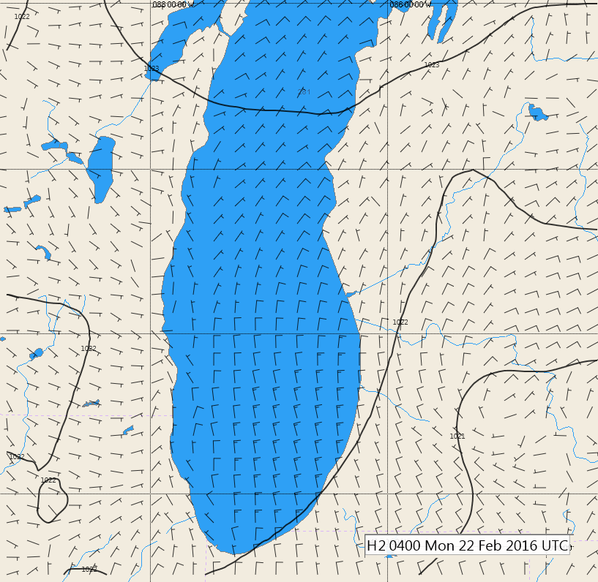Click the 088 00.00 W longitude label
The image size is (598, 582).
coord(173,4)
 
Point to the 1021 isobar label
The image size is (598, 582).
coord(457,436)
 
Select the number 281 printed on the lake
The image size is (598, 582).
coord(304,92)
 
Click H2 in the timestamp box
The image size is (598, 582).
coord(375,545)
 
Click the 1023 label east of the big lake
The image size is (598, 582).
coord(432,65)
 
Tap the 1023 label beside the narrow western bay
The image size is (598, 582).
coord(152,68)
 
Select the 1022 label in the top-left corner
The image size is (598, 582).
coord(22,16)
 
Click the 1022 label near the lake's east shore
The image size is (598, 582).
coord(400,322)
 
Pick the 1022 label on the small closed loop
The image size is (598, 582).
coord(48,480)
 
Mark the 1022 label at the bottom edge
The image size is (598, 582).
coord(89,569)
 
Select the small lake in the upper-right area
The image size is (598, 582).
coord(537,113)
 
